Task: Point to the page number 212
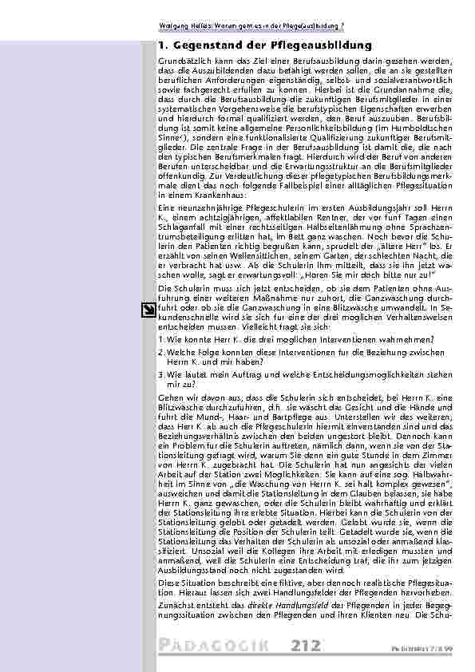307,645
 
